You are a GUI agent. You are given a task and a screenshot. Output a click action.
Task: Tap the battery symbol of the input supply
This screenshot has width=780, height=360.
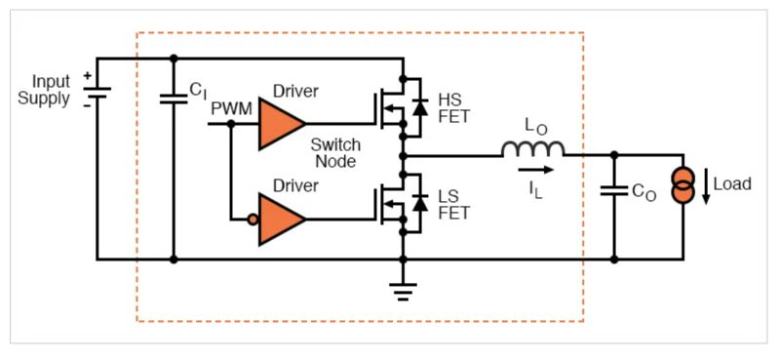coord(97,95)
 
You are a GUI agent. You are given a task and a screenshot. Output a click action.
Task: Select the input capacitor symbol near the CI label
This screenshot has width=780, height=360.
coord(174,98)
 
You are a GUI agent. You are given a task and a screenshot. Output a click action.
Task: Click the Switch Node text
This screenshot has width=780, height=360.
coord(335,153)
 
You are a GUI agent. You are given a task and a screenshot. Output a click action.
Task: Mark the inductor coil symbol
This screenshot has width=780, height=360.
coord(532,148)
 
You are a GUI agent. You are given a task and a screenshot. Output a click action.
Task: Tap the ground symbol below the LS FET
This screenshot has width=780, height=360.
coord(402,289)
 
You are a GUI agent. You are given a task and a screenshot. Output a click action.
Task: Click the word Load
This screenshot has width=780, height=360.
coord(732,183)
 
